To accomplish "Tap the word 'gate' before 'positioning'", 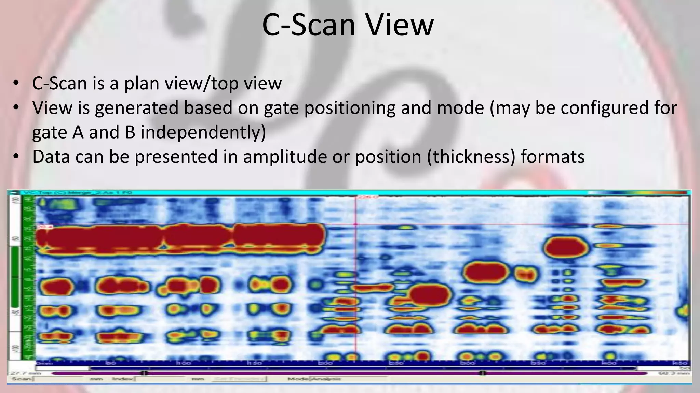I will coord(281,108).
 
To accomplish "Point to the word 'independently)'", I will coord(203,132).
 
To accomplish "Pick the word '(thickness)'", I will coord(471,157).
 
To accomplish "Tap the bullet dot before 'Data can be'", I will coord(16,157).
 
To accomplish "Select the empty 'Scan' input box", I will coord(58,379).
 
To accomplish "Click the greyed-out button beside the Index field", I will coord(239,379).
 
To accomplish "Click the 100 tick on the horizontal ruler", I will coord(184,363).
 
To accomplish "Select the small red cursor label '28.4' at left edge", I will coord(41,227).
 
